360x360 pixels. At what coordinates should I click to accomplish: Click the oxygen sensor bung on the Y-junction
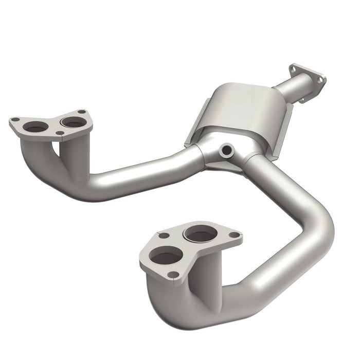tap(225, 151)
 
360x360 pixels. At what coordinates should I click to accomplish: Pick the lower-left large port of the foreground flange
tap(166, 255)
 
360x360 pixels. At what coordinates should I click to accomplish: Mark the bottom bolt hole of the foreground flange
tap(174, 275)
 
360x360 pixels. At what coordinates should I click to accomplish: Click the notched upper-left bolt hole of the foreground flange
tap(164, 236)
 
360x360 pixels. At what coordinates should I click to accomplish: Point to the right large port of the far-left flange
tap(72, 122)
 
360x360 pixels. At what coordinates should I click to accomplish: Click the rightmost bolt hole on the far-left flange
tap(81, 112)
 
